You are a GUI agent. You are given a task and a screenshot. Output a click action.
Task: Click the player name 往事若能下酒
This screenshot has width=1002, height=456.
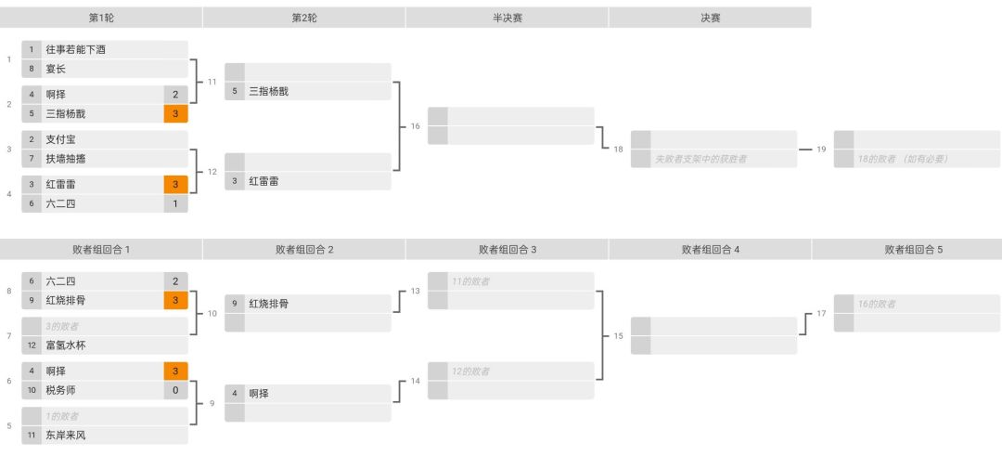[x=75, y=50]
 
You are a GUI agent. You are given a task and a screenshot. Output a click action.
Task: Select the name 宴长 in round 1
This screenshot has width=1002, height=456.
[x=56, y=69]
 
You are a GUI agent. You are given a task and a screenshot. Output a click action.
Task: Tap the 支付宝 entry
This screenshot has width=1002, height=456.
[x=60, y=139]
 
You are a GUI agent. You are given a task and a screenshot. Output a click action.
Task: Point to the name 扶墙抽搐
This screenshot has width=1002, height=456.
[x=66, y=159]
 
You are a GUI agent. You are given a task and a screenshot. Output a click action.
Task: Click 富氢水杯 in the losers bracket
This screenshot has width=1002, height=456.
[x=66, y=345]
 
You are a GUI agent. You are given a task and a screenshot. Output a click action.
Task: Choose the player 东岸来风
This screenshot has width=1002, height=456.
[x=66, y=436]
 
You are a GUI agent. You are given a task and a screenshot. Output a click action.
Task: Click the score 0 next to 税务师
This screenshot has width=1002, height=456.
[x=175, y=390]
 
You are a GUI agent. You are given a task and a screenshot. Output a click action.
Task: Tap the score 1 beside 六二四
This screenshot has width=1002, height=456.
[x=175, y=203]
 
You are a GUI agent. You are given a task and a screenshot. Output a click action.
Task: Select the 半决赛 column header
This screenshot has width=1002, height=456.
[x=507, y=18]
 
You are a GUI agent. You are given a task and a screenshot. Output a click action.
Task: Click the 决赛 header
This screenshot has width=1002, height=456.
[x=710, y=18]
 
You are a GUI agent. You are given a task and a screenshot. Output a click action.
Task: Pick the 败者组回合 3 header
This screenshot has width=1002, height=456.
[x=507, y=250]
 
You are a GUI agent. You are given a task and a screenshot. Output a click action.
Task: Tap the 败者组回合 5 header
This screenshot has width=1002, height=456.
[x=913, y=250]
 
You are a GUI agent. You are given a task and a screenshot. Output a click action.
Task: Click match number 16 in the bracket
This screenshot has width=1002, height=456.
[x=416, y=126]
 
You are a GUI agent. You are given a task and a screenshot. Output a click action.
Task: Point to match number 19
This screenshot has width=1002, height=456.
[x=821, y=149]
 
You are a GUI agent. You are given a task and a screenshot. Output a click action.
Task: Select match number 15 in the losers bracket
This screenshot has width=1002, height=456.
[x=618, y=336]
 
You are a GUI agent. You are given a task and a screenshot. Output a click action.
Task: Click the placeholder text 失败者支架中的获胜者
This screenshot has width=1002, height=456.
[x=700, y=159]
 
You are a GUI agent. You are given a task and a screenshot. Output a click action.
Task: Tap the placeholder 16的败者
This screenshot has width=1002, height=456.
[x=876, y=304]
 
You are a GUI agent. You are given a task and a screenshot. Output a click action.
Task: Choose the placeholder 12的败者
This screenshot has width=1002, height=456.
[x=470, y=371]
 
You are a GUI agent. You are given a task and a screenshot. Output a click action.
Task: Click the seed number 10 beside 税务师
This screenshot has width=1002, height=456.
[x=32, y=390]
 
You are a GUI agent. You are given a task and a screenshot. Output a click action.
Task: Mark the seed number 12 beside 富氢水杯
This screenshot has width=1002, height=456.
[x=32, y=345]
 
